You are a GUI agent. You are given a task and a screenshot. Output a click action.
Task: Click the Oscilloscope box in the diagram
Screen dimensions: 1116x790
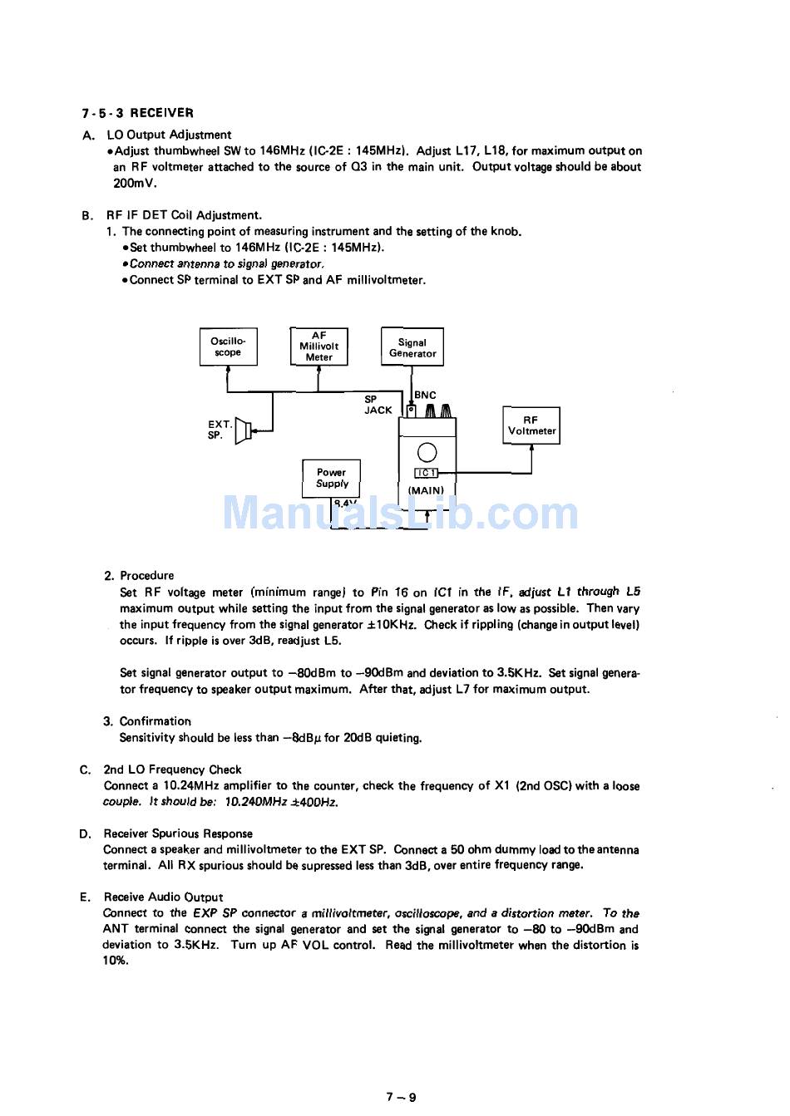tap(228, 347)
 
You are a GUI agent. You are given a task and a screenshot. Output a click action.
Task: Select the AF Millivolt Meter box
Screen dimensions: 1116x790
tap(318, 347)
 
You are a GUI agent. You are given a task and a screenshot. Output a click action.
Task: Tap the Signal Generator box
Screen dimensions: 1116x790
tap(412, 347)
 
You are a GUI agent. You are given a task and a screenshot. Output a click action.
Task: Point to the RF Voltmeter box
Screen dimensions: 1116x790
tap(531, 425)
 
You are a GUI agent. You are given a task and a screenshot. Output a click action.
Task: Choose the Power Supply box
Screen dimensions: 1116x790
tap(331, 478)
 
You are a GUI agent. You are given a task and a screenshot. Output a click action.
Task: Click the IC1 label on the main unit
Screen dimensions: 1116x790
tap(426, 473)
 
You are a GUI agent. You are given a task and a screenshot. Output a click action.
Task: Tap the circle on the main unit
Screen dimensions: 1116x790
tap(427, 452)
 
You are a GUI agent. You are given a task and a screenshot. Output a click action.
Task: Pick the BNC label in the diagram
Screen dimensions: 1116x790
tap(425, 396)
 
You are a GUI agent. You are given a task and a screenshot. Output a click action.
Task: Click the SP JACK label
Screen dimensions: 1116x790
tap(378, 405)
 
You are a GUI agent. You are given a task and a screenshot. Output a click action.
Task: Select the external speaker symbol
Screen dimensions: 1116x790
tap(243, 430)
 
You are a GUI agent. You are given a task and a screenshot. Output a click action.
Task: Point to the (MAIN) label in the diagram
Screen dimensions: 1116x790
tap(426, 490)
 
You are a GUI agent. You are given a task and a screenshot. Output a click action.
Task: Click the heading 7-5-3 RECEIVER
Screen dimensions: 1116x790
tap(137, 113)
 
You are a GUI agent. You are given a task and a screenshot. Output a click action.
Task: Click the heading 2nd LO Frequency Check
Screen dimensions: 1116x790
tap(172, 769)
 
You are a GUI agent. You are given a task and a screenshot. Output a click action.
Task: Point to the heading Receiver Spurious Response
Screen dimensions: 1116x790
tap(178, 833)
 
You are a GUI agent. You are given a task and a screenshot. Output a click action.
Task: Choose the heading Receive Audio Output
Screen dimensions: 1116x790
tap(163, 897)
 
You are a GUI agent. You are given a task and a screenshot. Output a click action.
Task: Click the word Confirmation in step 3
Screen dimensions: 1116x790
tap(155, 721)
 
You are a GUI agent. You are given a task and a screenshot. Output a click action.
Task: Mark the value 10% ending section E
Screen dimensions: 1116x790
tap(116, 961)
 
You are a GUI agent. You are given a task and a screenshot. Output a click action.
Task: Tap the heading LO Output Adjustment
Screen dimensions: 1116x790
tap(169, 135)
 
